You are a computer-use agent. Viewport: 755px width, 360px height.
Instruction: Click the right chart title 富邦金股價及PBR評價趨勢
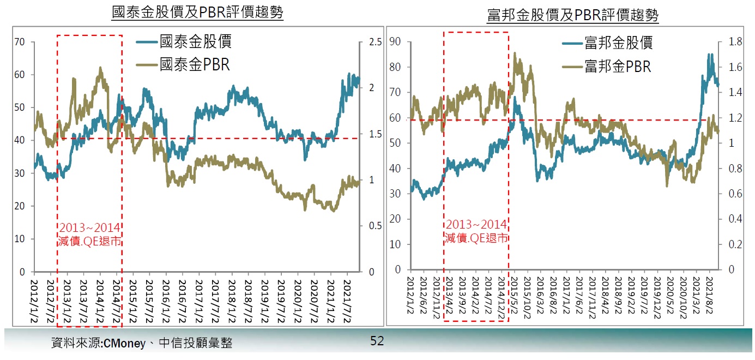pos(573,15)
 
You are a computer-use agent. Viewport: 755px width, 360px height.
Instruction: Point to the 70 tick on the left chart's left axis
pos(20,42)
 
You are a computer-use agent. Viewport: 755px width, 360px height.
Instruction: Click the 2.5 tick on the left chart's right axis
pos(375,42)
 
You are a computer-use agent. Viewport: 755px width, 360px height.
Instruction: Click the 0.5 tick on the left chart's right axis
pos(375,226)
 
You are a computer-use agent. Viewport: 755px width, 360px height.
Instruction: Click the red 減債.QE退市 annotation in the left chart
pos(89,240)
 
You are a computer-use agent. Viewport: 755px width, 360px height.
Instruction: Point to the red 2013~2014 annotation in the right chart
pos(476,225)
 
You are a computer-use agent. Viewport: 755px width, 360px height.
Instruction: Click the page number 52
pos(377,341)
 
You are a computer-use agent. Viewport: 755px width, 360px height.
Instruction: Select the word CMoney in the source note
pos(124,344)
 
